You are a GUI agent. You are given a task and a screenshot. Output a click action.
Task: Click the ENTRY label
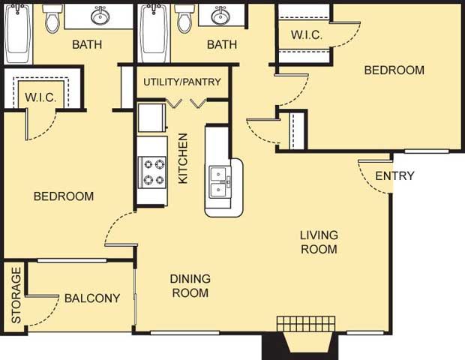394,175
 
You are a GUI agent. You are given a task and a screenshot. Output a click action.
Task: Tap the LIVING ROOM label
319,242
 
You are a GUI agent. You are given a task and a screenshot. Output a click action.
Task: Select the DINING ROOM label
190,286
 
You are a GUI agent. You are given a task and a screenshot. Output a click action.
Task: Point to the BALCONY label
92,298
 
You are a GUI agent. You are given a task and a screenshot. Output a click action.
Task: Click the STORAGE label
16,295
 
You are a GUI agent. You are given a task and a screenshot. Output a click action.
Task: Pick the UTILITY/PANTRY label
182,82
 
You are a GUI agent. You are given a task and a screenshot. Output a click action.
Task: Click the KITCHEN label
183,158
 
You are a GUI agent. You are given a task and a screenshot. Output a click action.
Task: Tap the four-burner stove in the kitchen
152,172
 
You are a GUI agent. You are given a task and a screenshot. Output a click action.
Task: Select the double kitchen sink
220,182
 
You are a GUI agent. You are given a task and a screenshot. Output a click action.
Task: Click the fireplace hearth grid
306,323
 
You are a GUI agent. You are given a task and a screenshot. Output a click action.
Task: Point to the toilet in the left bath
52,19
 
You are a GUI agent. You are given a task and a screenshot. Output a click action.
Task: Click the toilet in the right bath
184,19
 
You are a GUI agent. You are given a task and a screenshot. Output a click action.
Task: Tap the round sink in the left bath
100,16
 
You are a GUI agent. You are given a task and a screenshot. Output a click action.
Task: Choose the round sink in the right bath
220,16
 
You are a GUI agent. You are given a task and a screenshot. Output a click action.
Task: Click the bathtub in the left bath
17,33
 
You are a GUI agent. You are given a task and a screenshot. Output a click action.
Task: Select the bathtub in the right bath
154,33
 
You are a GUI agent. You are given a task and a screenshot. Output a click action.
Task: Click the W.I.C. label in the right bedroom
307,35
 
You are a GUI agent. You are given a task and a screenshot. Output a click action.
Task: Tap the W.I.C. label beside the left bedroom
40,97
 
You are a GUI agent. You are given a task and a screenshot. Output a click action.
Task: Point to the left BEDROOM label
64,196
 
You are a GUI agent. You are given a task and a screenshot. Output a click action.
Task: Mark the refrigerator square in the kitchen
151,118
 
